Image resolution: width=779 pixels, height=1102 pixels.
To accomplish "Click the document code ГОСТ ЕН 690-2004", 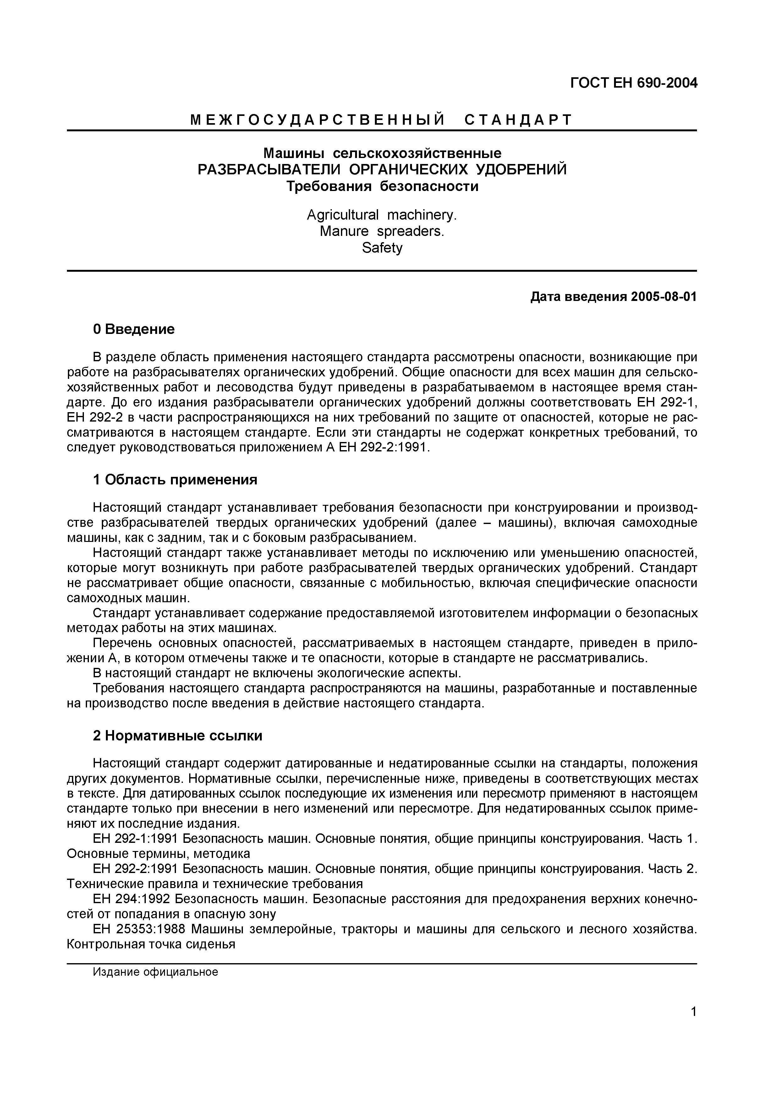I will (x=633, y=84).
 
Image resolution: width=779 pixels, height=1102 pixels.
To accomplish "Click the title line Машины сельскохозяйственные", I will (x=382, y=154).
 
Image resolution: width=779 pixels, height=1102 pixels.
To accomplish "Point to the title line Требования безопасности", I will (x=382, y=186).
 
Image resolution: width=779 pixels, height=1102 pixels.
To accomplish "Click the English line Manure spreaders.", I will (x=382, y=232).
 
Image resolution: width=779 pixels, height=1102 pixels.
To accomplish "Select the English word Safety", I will (x=382, y=248).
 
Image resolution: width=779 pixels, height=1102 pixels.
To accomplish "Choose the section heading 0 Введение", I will (x=134, y=329).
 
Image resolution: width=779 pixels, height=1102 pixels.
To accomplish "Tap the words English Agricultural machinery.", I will (x=382, y=215).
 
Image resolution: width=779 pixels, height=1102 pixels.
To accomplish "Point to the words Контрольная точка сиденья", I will (x=151, y=944).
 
